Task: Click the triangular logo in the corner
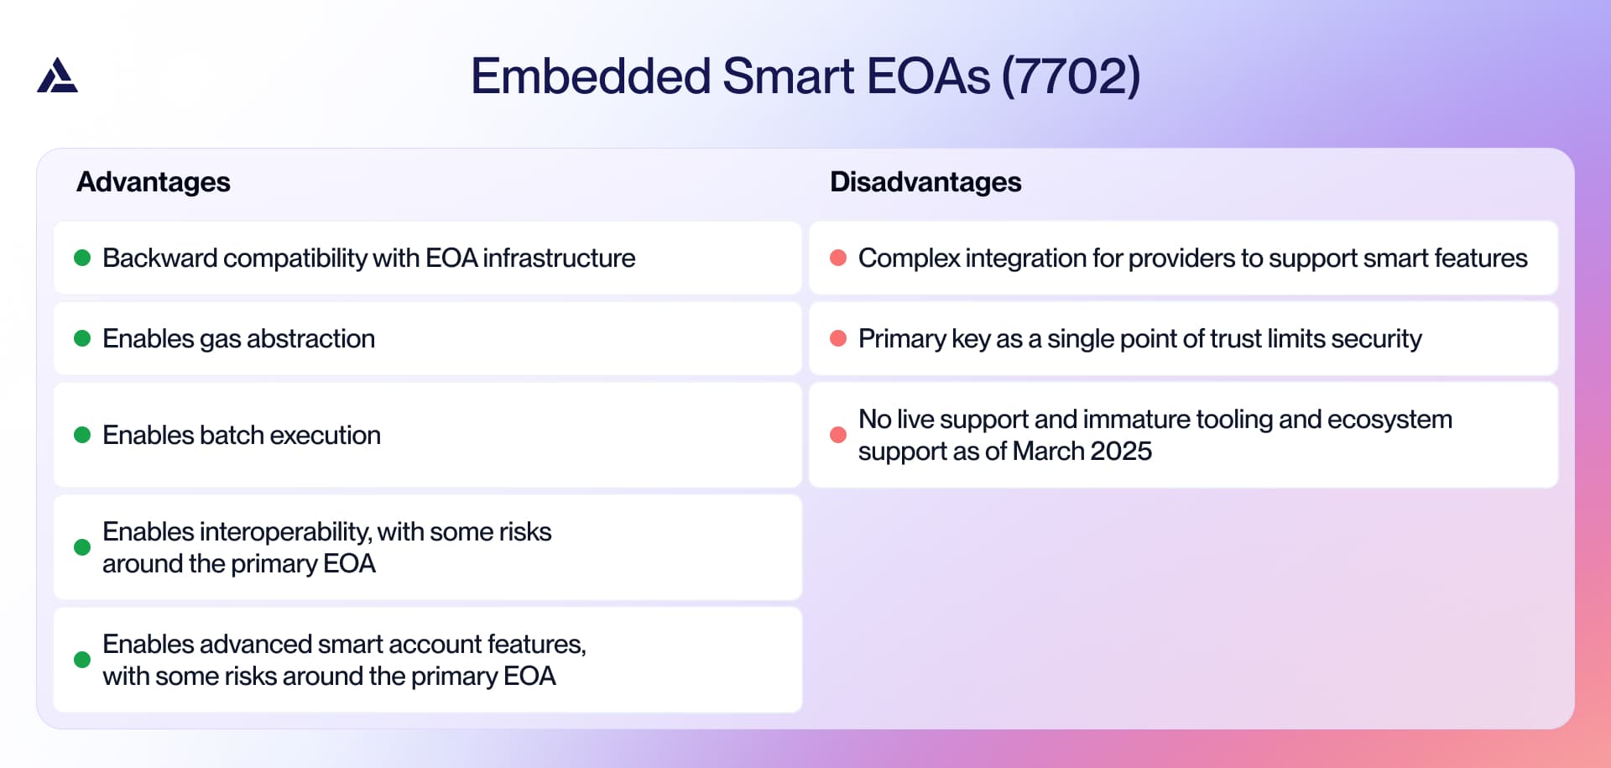pyautogui.click(x=57, y=76)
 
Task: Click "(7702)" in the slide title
pyautogui.click(x=1071, y=76)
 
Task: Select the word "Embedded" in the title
pyautogui.click(x=591, y=76)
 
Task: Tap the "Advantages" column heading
pyautogui.click(x=154, y=182)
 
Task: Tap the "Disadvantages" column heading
pyautogui.click(x=925, y=182)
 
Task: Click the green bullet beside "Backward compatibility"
pyautogui.click(x=82, y=258)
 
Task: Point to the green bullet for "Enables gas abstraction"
pyautogui.click(x=82, y=338)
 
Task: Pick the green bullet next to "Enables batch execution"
pyautogui.click(x=82, y=435)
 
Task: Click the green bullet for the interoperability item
pyautogui.click(x=82, y=547)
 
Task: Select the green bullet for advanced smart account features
pyautogui.click(x=82, y=660)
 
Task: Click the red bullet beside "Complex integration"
pyautogui.click(x=838, y=258)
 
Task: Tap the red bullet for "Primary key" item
pyautogui.click(x=838, y=338)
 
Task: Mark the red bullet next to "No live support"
pyautogui.click(x=838, y=435)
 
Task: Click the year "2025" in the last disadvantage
pyautogui.click(x=1121, y=452)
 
